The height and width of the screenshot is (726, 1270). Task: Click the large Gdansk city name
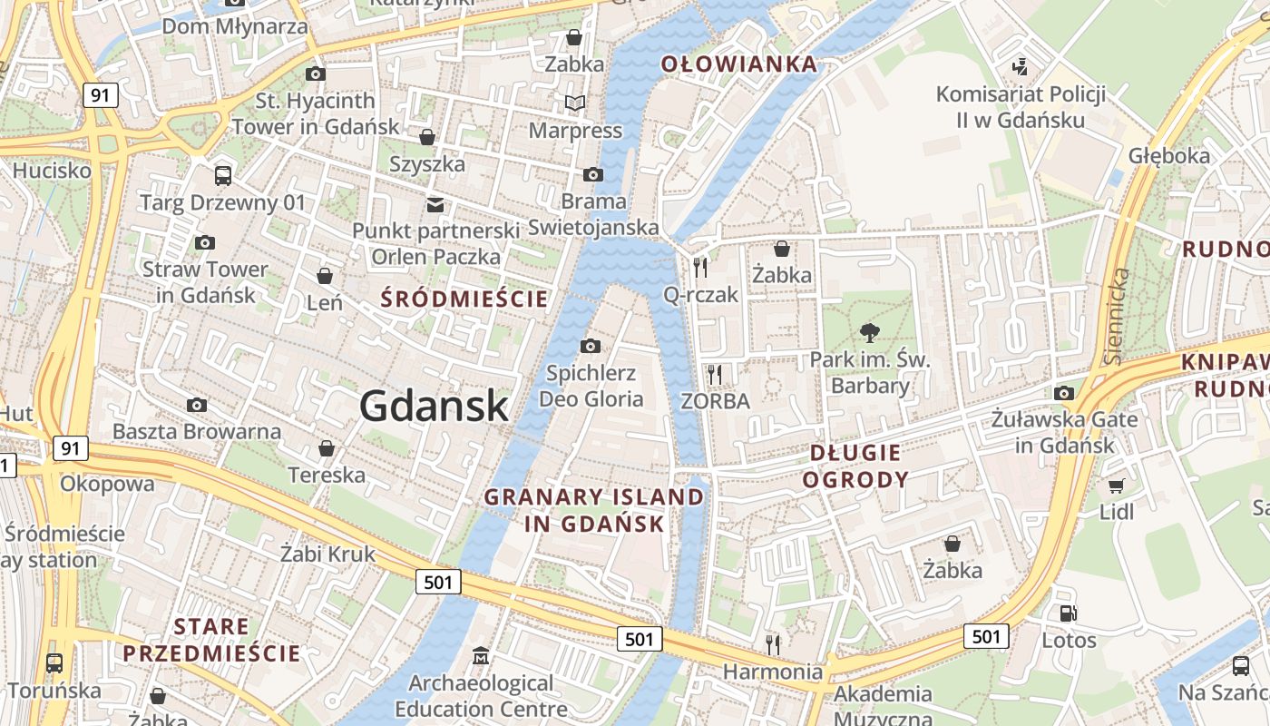coord(434,406)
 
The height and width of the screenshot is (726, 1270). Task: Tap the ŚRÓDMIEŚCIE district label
coord(465,299)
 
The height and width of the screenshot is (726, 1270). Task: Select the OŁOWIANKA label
coord(738,64)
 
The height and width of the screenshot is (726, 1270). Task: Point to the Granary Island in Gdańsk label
coord(594,510)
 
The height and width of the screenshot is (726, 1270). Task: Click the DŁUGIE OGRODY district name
coord(855,466)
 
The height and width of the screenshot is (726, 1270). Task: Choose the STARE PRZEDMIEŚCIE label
coord(211,640)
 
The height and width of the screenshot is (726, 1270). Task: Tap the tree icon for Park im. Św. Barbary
coord(870,333)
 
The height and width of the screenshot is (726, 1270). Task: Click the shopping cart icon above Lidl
coord(1116,486)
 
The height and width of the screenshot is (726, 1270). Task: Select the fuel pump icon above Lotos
coord(1069,613)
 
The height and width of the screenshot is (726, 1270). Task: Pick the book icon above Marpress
coord(575,103)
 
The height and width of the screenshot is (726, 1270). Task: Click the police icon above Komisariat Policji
coord(1021,67)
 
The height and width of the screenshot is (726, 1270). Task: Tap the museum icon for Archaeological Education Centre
coord(481,655)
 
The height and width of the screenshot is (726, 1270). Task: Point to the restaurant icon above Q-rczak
coord(699,268)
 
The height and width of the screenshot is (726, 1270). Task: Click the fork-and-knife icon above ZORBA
coord(715,374)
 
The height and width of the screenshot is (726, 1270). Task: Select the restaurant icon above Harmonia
coord(772,644)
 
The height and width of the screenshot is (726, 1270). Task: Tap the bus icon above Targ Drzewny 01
coord(222,175)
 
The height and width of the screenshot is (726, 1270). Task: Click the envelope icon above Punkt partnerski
coord(435,204)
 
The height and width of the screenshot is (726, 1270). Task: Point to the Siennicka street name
coord(1118,316)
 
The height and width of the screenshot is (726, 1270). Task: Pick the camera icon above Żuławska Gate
coord(1064,393)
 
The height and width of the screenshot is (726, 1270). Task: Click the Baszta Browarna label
coord(197,431)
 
